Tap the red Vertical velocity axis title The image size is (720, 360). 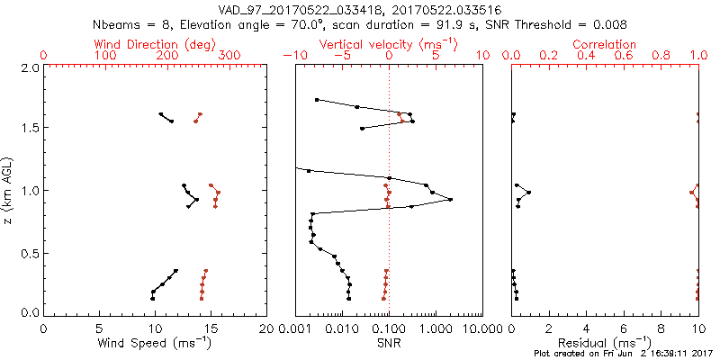(x=388, y=44)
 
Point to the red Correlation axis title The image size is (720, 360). (x=605, y=44)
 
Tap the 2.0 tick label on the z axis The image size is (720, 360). (x=29, y=68)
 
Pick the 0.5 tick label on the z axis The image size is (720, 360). (x=29, y=251)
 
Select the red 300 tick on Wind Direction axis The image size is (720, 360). (x=229, y=56)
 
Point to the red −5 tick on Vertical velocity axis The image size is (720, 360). (x=339, y=56)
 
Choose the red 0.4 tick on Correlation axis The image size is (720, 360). (x=586, y=56)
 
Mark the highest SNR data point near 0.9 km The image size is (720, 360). (x=450, y=199)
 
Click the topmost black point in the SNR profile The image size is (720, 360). (x=317, y=99)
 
